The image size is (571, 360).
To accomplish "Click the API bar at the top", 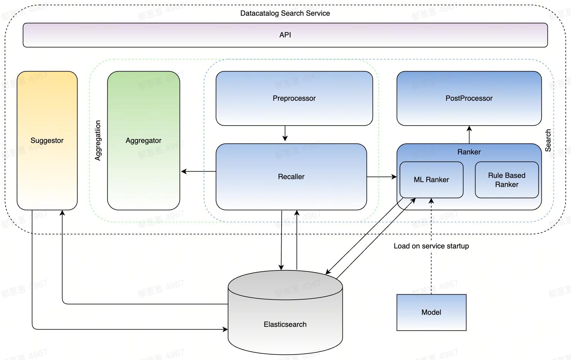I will (x=285, y=35).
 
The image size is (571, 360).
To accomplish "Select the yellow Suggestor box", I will (x=47, y=141).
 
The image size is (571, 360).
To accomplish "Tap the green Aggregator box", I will (x=144, y=141).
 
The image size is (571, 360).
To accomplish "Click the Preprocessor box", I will (x=294, y=98).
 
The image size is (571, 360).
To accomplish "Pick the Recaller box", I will (x=291, y=177).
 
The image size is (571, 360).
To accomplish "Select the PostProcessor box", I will (x=469, y=98).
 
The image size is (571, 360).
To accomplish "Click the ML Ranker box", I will (x=431, y=180).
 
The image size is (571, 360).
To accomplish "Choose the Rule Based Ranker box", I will (x=506, y=180).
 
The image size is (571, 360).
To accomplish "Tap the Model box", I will (x=431, y=312).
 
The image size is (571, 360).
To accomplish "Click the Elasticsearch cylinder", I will (x=285, y=324).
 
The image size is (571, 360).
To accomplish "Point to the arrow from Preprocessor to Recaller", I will (x=285, y=134).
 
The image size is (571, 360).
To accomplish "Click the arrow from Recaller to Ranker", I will (x=382, y=177).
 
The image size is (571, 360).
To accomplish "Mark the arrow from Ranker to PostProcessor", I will (x=469, y=135).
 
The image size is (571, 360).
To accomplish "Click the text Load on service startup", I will (x=431, y=246).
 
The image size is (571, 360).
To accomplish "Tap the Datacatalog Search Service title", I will (x=285, y=13).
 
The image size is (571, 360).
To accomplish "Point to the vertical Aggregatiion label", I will (x=98, y=141).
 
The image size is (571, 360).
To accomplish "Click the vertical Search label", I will (x=548, y=141).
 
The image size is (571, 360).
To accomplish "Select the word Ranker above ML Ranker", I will (x=469, y=152).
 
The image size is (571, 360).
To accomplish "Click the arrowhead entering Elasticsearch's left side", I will (x=225, y=329).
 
